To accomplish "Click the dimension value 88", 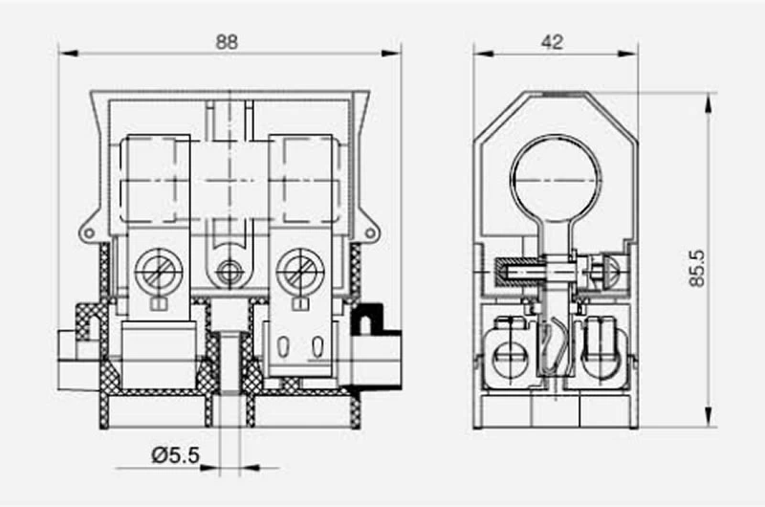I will click(x=227, y=42).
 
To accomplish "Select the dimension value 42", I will click(x=552, y=42).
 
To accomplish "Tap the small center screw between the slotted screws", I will click(x=228, y=272).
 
